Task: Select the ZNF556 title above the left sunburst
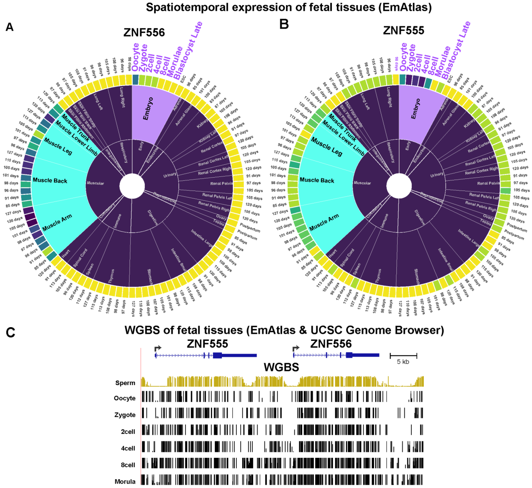point(144,32)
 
